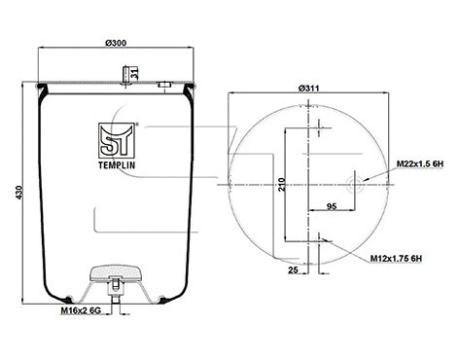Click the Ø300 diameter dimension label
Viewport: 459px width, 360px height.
click(117, 43)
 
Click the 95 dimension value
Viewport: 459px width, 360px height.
click(332, 204)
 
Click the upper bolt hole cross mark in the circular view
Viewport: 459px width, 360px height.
click(318, 125)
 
